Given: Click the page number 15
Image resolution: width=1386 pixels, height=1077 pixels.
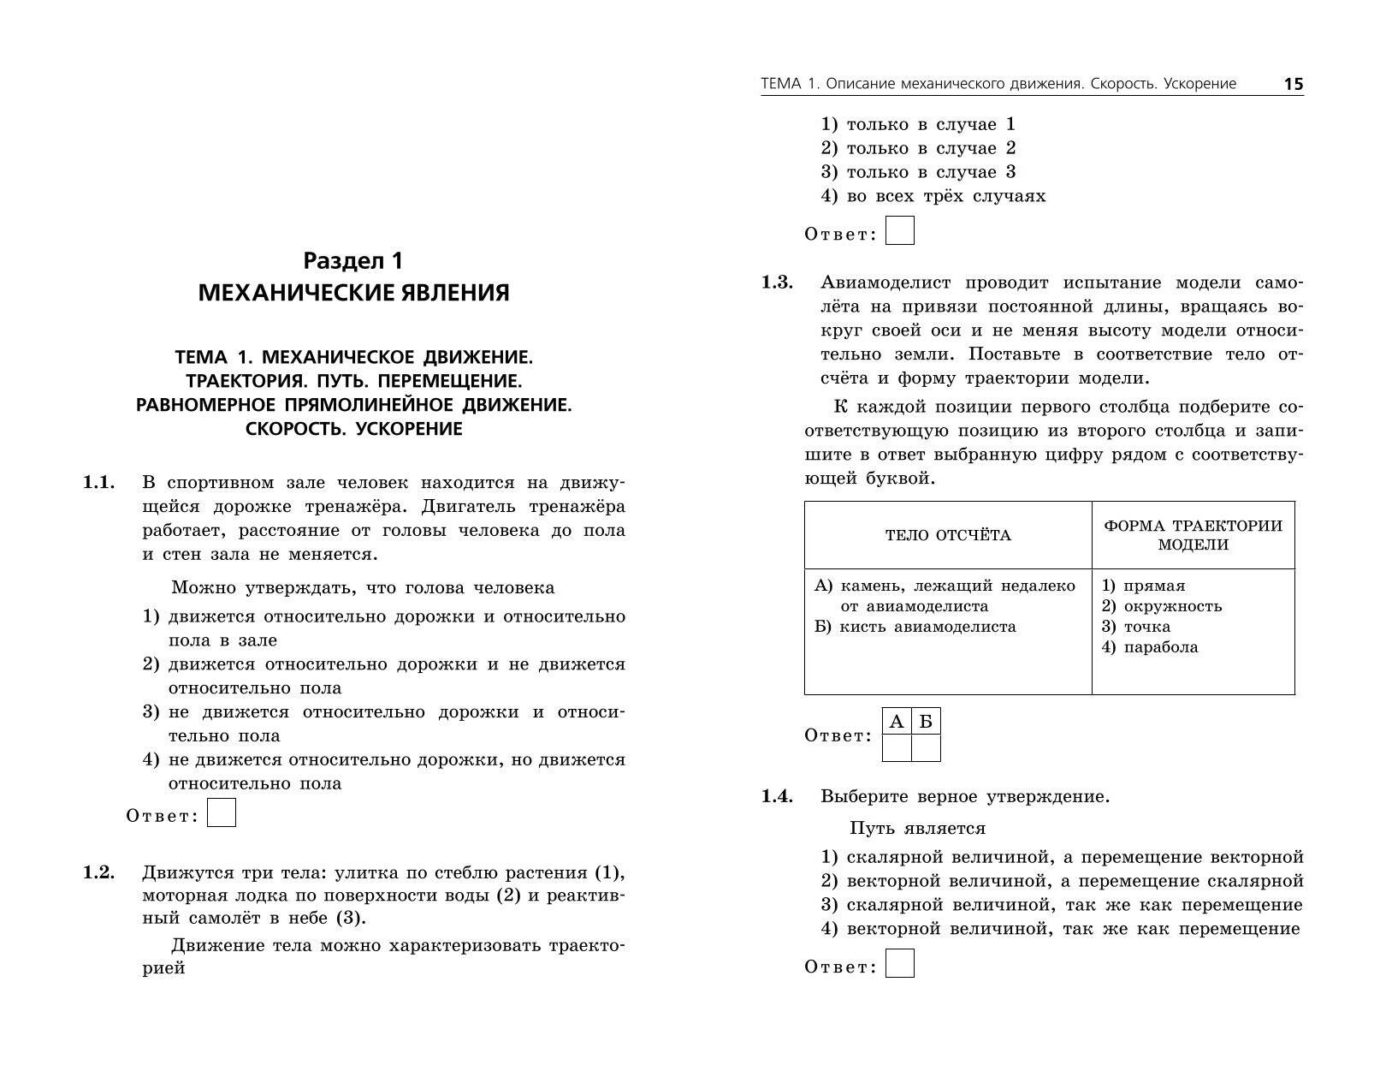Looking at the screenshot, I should [1293, 84].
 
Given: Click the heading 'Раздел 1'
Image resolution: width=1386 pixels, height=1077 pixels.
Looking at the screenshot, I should [353, 260].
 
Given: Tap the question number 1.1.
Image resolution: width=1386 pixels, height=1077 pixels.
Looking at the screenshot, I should [98, 483].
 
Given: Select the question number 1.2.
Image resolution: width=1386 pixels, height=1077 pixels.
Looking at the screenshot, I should [98, 872].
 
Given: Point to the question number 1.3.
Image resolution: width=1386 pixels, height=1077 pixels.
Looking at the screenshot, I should [778, 283].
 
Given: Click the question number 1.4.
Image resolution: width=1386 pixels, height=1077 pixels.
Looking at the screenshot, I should [778, 796].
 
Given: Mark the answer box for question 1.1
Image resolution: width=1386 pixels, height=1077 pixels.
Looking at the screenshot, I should [222, 812].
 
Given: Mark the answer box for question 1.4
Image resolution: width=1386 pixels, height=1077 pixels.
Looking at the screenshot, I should [900, 964].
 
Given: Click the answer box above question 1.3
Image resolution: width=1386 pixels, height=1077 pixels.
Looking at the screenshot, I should [900, 231].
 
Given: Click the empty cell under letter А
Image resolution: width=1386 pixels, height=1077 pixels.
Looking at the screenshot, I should [897, 748].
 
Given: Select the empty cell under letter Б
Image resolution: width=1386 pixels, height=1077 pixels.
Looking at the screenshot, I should [926, 748].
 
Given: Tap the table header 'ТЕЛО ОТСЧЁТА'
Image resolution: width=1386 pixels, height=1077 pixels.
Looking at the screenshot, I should [948, 536].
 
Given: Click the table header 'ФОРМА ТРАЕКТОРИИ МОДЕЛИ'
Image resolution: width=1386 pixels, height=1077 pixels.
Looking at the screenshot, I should [1193, 535].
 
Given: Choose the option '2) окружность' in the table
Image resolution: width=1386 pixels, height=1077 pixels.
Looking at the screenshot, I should [1161, 606].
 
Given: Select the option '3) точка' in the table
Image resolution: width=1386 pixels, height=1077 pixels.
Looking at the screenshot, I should [1135, 627].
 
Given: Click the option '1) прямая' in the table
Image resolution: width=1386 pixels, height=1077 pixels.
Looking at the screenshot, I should [1143, 586].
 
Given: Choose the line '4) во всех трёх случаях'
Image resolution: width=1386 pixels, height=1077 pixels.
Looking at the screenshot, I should [933, 196].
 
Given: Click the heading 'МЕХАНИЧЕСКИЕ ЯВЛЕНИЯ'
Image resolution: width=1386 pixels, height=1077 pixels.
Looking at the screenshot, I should [353, 293].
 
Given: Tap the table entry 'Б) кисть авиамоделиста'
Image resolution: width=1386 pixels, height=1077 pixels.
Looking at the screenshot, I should [915, 627].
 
